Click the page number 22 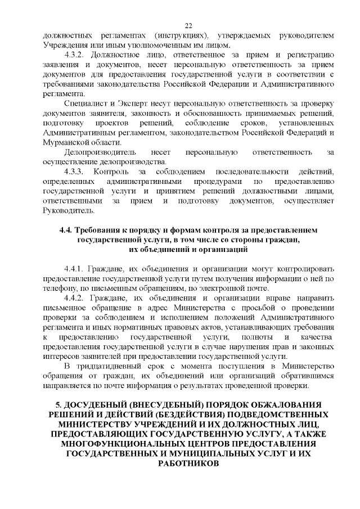pos(188,25)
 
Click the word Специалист pos(85,105)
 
